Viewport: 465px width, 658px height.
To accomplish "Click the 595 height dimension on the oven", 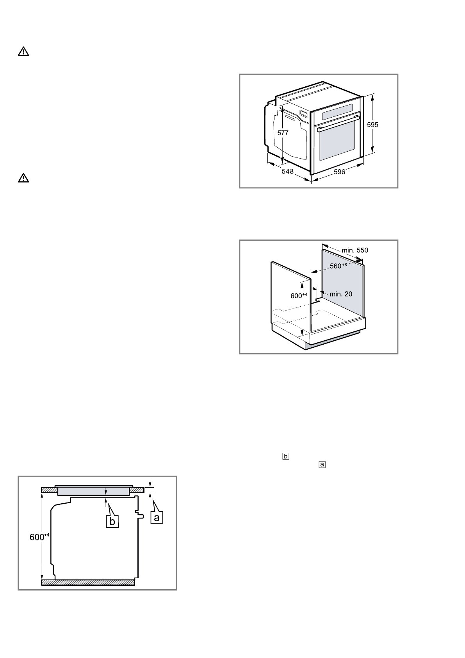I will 373,125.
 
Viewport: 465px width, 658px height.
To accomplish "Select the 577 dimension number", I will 283,133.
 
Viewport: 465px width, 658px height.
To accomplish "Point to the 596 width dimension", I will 339,172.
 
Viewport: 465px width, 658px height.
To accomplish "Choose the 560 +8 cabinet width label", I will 338,266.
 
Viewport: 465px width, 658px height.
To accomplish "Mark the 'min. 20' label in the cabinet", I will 341,294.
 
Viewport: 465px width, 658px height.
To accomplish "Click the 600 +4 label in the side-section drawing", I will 39,537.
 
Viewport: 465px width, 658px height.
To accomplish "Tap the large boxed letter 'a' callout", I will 157,517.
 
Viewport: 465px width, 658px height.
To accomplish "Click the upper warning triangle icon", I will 23,52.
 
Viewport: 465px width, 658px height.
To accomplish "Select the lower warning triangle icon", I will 23,178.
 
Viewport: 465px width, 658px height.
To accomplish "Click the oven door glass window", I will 337,143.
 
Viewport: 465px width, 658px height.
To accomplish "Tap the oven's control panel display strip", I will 337,112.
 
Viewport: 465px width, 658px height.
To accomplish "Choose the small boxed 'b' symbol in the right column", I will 286,456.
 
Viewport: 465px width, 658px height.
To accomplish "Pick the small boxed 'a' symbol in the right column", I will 322,465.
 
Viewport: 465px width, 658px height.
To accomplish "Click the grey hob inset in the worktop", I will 93,491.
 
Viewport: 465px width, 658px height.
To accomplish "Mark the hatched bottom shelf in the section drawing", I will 88,583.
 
